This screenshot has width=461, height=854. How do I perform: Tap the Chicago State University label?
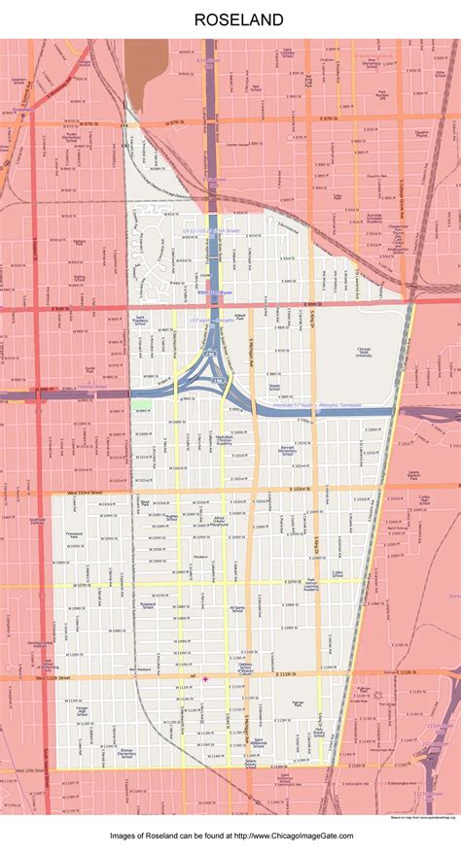point(364,352)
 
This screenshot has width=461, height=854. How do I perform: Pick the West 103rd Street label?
point(86,493)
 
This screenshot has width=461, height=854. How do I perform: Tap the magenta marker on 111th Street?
point(205,678)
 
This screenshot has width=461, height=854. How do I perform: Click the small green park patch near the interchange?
point(143,403)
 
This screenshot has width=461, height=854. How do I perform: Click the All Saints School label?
point(236,610)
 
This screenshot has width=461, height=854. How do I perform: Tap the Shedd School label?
point(274,387)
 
